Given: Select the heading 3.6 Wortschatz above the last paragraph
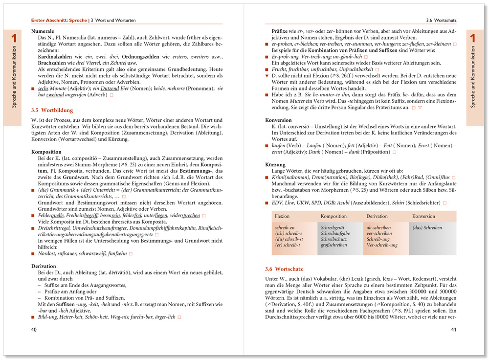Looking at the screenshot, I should click(284, 269).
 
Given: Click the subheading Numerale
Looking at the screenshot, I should click(42, 31).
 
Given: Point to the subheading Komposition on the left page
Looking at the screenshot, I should click(46, 152).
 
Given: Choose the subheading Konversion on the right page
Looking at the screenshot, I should click(279, 120).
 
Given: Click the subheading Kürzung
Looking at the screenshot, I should click(276, 165).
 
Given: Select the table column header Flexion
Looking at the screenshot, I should click(283, 216).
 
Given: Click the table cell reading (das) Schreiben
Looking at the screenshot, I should click(427, 227).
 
